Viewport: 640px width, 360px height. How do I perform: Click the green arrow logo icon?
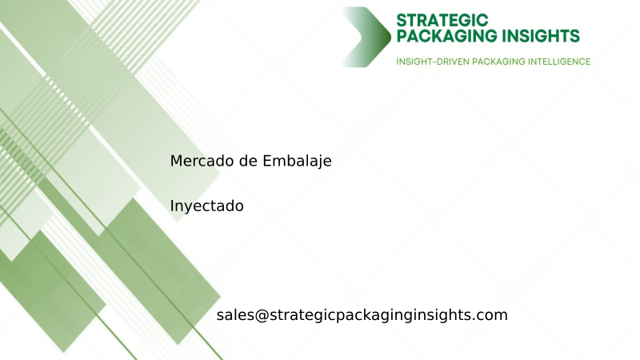click(366, 37)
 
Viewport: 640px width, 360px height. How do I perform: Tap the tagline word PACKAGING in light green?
click(495, 62)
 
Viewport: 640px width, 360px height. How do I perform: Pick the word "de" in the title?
click(248, 161)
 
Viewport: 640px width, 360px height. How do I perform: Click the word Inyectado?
click(206, 206)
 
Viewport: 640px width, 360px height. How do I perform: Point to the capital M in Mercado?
click(176, 161)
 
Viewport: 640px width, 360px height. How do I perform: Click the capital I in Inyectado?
click(172, 206)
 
